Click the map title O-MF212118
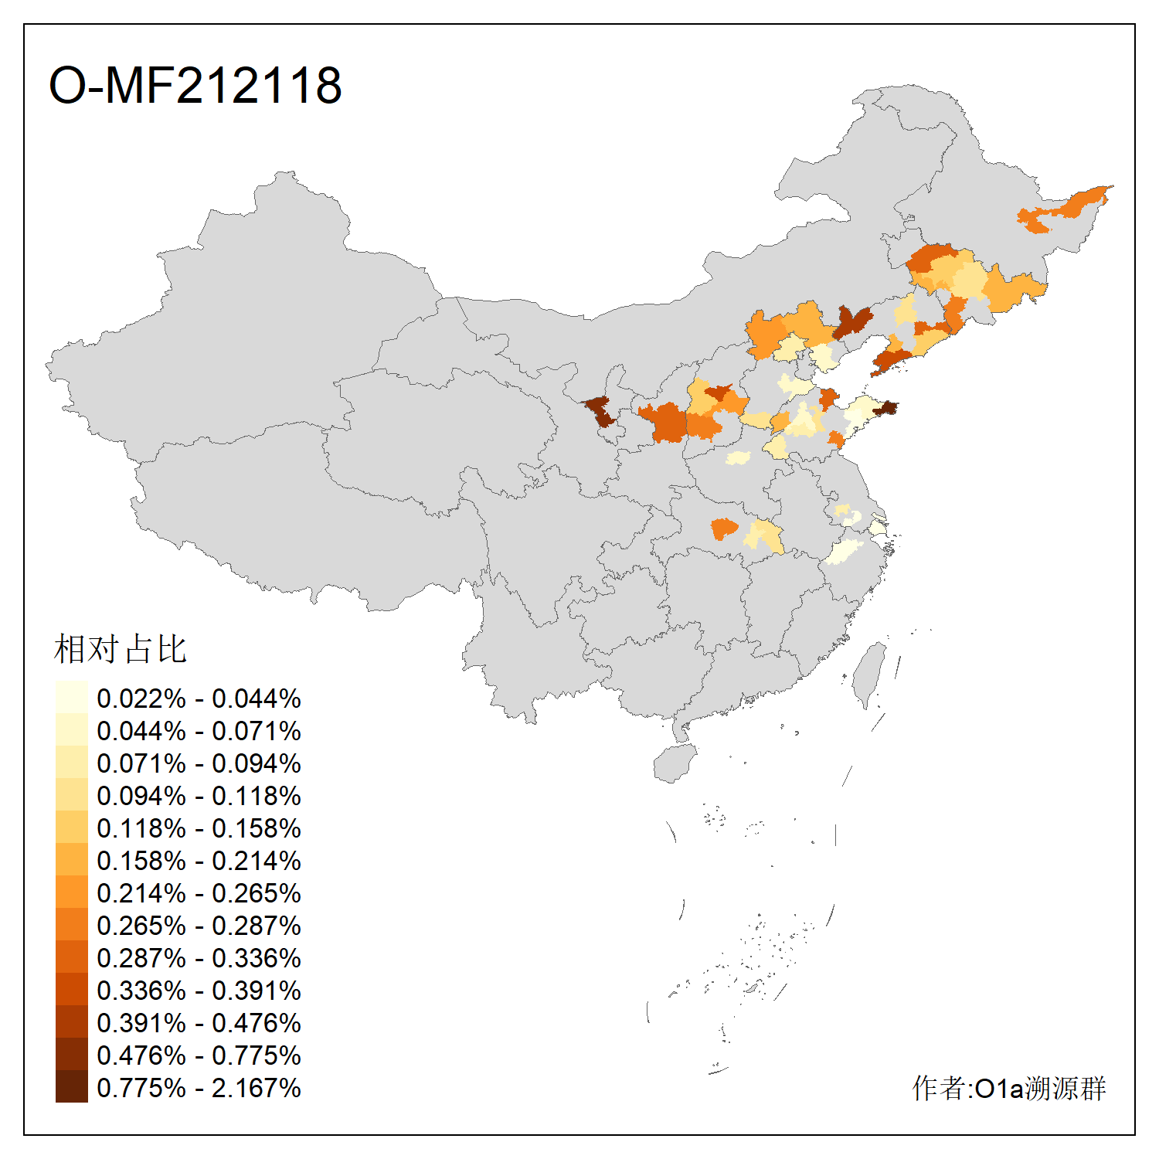[195, 85]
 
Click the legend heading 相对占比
[120, 649]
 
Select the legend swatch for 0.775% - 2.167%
[71, 1086]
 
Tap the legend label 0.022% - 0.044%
[199, 698]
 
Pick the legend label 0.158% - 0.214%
[199, 861]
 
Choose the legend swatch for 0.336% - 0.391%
[71, 989]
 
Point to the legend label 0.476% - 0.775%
[199, 1055]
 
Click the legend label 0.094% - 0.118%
[199, 796]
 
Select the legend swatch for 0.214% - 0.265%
[71, 892]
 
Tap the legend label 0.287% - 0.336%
[199, 958]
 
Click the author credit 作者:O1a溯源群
[1008, 1088]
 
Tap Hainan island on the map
[675, 763]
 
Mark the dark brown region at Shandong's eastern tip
[885, 407]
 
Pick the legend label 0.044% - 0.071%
[199, 731]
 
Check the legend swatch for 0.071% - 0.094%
[71, 762]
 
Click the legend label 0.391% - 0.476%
[199, 1023]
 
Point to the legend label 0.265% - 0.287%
[199, 926]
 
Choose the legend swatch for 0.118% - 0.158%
[71, 827]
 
